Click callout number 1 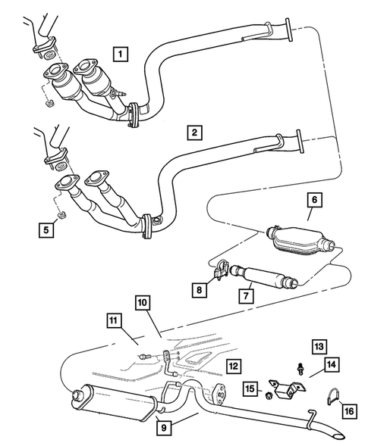click(121, 54)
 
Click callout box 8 click(200, 288)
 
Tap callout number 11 click(113, 323)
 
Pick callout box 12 click(233, 365)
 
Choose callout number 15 click(250, 388)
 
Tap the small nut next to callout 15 click(269, 395)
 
